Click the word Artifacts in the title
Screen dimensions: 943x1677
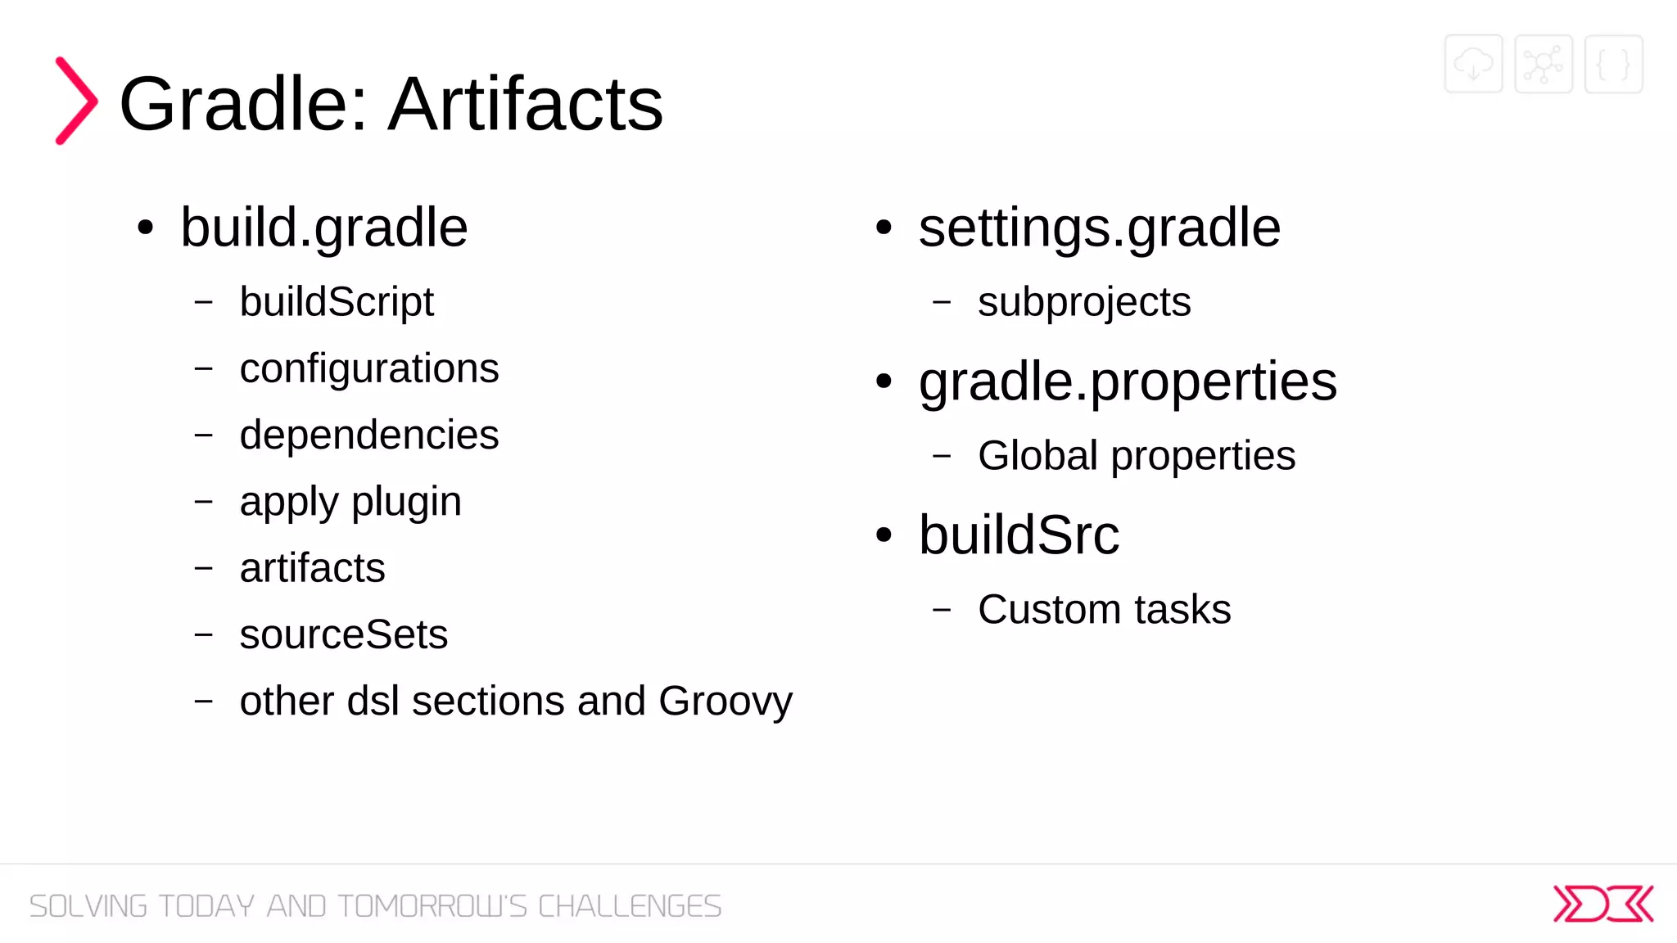click(525, 104)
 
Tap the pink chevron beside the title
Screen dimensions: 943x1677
click(76, 101)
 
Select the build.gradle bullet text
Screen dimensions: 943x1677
click(323, 228)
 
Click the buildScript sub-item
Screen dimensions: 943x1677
click(336, 302)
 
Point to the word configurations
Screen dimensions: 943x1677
click(368, 368)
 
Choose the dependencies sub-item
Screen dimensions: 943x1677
click(368, 435)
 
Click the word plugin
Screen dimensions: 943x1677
click(406, 502)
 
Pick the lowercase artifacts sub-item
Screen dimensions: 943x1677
click(312, 568)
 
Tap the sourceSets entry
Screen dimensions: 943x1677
click(343, 634)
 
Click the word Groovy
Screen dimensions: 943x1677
click(725, 702)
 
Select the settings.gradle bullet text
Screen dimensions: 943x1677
click(1099, 228)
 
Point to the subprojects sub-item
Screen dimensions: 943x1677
click(1083, 302)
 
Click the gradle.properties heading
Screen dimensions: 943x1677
click(1127, 381)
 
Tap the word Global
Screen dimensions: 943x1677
click(1037, 455)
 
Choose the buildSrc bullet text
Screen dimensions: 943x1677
click(1018, 535)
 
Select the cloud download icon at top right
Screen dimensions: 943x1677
click(1473, 64)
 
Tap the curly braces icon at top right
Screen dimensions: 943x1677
click(1613, 64)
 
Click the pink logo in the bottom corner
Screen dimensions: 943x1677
click(1602, 904)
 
